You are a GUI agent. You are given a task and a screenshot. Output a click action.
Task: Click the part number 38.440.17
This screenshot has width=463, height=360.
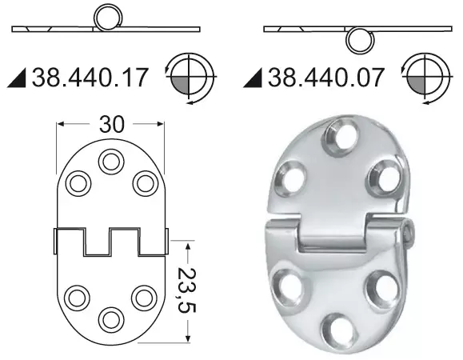pyautogui.click(x=90, y=78)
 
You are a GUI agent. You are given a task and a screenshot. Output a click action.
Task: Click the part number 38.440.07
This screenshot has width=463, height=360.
pyautogui.click(x=327, y=78)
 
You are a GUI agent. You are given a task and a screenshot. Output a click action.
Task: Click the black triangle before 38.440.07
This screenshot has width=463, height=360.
pyautogui.click(x=254, y=78)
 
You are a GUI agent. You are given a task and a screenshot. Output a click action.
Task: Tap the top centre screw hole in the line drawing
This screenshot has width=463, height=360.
pyautogui.click(x=110, y=162)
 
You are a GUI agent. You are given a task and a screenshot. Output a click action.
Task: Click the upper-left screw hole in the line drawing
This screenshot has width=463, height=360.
pyautogui.click(x=78, y=182)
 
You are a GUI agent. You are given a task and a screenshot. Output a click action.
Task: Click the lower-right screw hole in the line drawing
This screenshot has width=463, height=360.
pyautogui.click(x=143, y=298)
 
